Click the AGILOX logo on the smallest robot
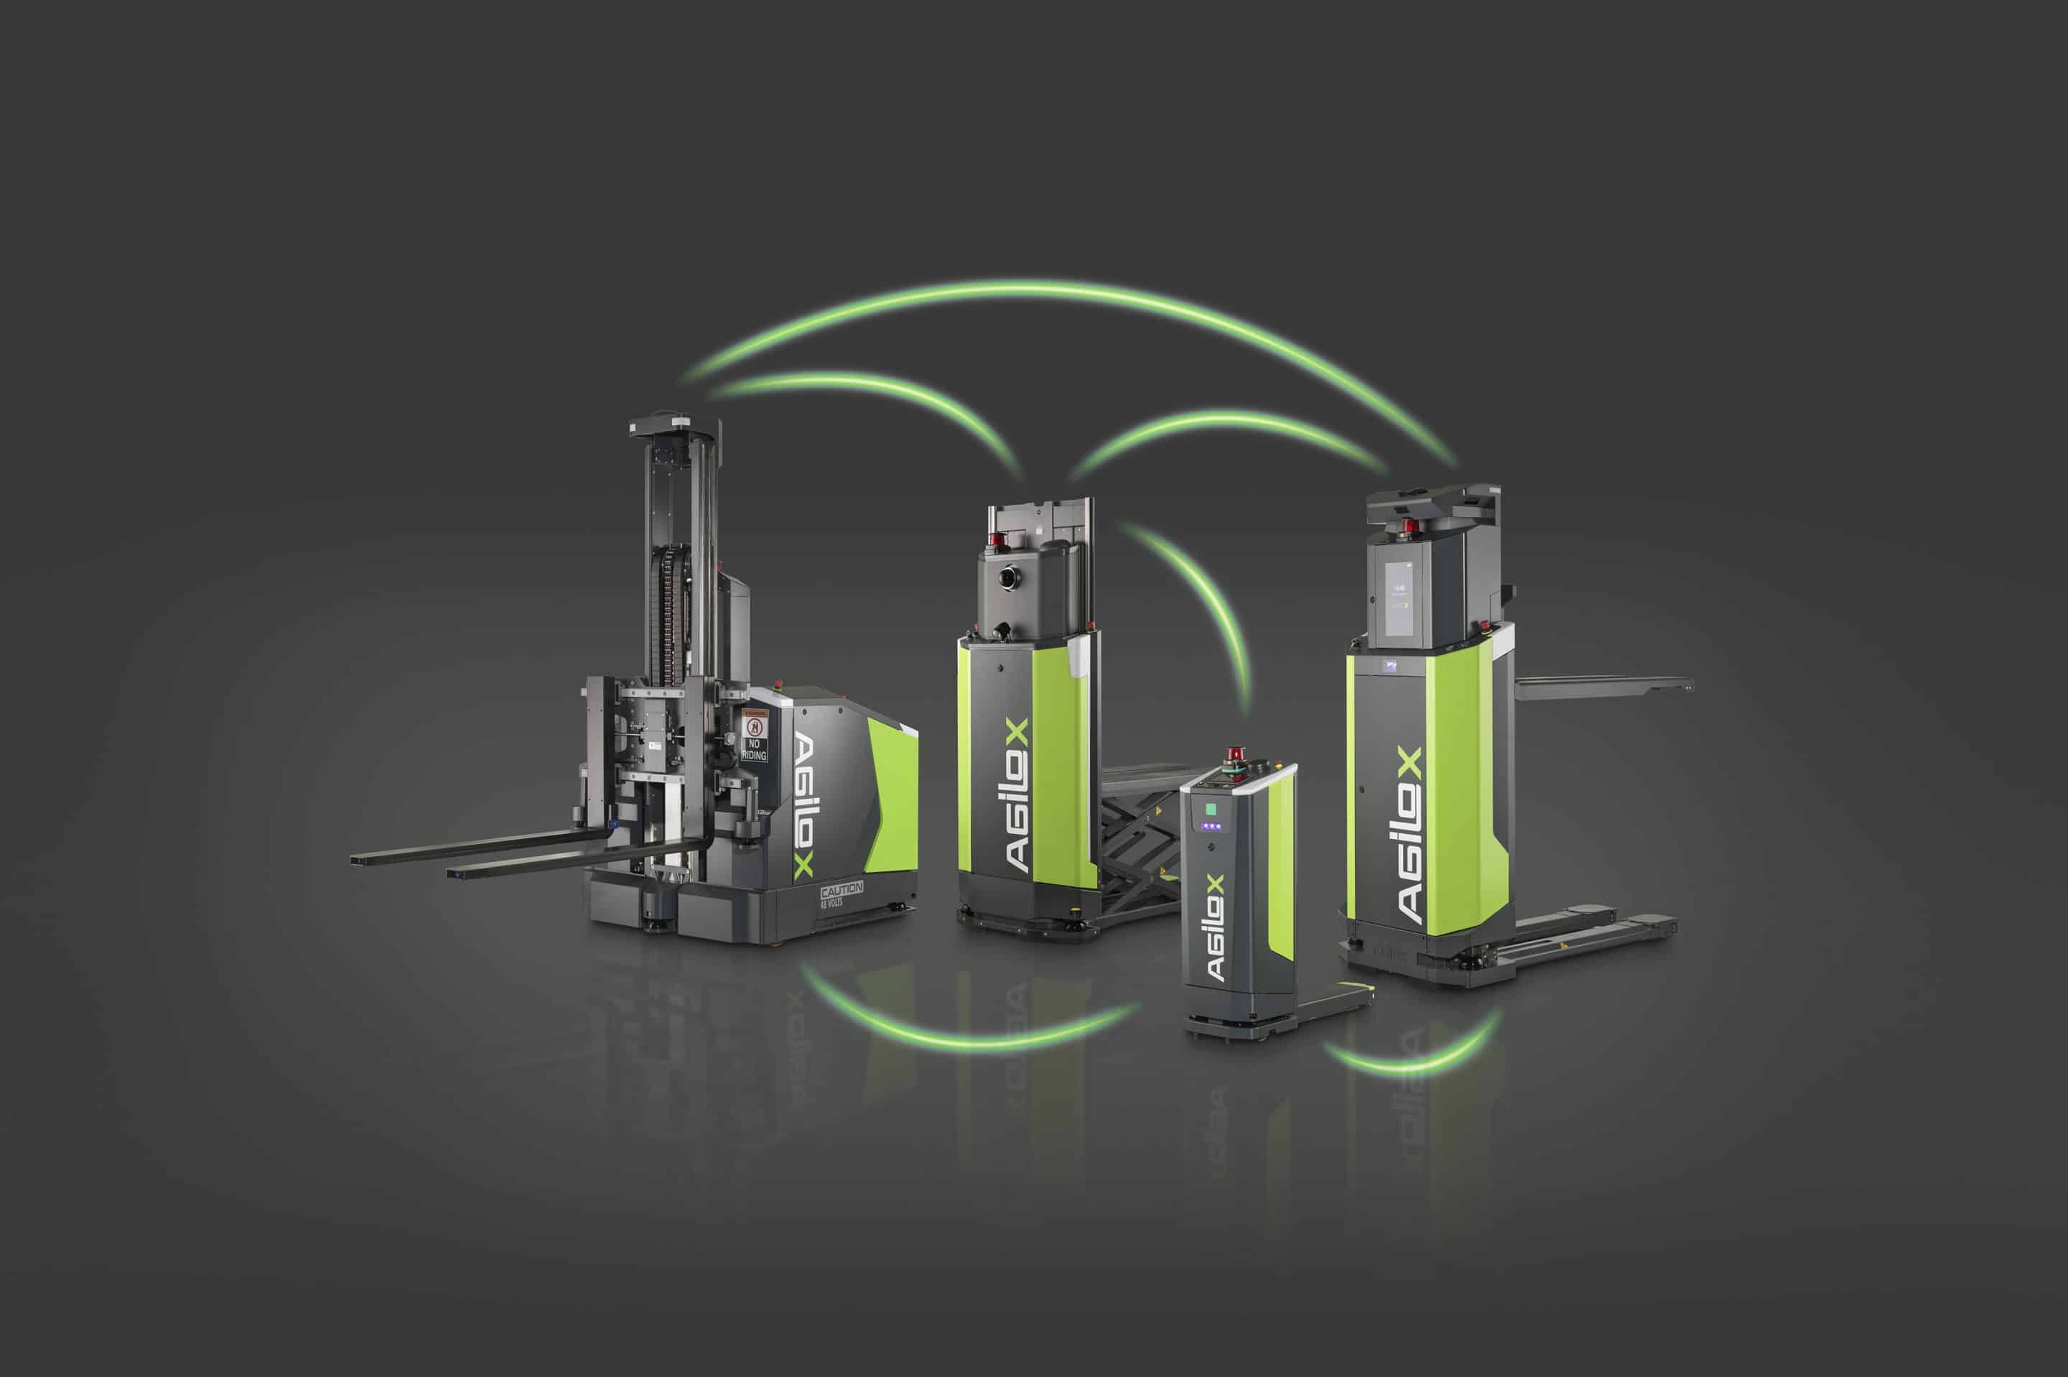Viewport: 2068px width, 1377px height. click(1216, 927)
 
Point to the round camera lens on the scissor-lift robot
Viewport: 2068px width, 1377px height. click(1009, 575)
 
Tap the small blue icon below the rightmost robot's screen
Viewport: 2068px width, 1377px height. click(1389, 667)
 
